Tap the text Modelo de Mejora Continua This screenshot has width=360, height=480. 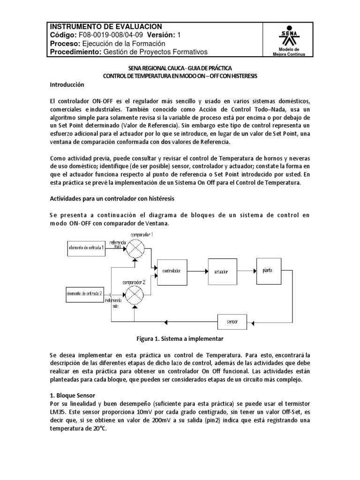point(292,52)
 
